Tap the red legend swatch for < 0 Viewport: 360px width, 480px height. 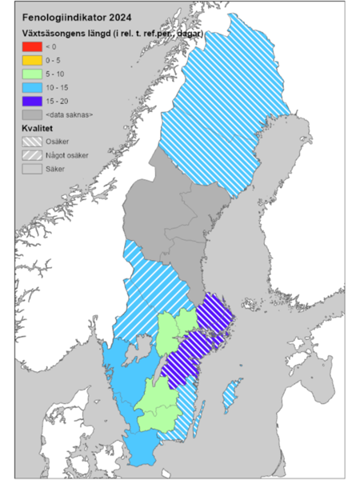[31, 47]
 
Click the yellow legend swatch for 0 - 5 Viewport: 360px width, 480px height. [31, 61]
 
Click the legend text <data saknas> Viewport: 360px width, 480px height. [70, 115]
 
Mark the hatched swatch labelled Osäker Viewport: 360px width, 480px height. [31, 142]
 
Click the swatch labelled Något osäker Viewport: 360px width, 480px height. [31, 155]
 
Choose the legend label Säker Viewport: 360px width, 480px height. [55, 169]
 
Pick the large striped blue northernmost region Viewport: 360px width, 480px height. [224, 104]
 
